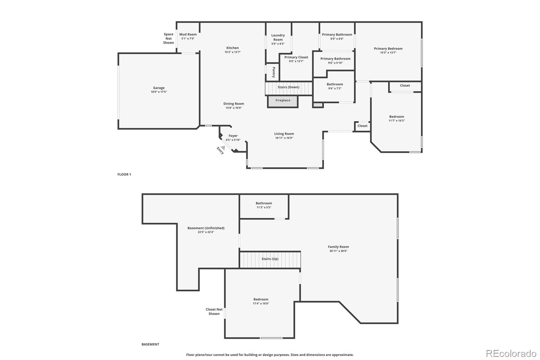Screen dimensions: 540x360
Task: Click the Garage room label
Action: click(159, 88)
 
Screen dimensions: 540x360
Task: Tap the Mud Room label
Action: click(188, 34)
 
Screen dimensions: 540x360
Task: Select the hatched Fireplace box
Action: click(283, 101)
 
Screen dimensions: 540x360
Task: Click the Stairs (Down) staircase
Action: click(289, 88)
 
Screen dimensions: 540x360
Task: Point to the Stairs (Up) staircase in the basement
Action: click(270, 260)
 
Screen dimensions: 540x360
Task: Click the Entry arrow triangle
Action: click(223, 148)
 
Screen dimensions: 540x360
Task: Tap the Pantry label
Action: click(274, 72)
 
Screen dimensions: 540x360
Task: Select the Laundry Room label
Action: click(278, 37)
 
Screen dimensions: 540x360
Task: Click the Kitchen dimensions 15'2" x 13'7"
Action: click(233, 52)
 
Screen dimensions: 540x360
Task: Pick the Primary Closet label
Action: click(296, 57)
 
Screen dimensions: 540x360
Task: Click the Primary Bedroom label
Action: click(388, 49)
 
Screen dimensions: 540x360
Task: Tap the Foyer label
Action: click(233, 136)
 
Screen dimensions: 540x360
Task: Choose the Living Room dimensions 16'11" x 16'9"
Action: click(284, 138)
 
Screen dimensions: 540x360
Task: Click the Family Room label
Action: click(338, 247)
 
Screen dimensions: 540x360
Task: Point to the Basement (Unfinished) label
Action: click(206, 228)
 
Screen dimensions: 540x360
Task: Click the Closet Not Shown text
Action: click(214, 311)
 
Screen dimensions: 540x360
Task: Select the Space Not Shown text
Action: click(168, 38)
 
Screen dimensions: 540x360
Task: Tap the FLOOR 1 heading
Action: click(124, 174)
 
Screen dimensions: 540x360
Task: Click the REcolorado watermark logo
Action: click(511, 354)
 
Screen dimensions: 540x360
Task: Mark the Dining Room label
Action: click(234, 104)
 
